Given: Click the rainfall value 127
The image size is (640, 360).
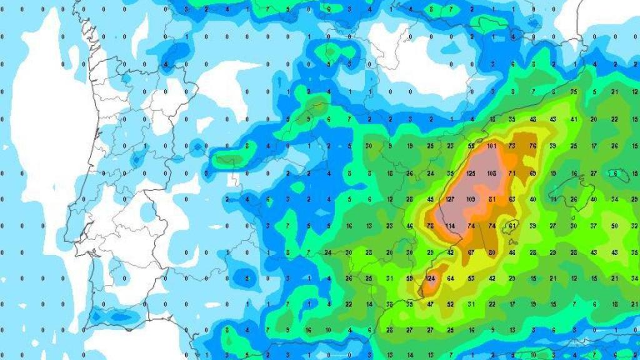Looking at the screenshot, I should point(451,199).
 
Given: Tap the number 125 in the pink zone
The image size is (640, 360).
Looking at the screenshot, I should point(471,172).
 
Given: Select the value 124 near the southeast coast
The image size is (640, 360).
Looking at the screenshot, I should point(430,278).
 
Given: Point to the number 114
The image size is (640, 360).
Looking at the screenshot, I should point(451,226).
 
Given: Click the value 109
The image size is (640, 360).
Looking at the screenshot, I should point(471,199).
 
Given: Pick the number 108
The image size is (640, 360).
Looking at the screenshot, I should point(492,172).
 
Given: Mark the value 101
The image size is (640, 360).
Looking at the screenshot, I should point(492,146).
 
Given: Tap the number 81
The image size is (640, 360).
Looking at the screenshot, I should point(492,199).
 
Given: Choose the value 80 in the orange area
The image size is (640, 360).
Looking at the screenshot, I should point(492,252).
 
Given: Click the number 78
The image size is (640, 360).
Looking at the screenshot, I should point(430,226).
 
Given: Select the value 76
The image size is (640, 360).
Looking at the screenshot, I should point(532,146).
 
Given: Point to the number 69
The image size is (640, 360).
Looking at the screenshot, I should point(532,172).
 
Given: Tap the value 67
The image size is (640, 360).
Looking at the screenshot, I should point(471,252).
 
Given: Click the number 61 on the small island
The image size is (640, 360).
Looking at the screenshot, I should point(512,226).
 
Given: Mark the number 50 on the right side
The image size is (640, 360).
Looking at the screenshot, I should point(615,226).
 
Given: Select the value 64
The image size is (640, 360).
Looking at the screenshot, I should point(451,278).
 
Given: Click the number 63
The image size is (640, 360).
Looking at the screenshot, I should point(512,199).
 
